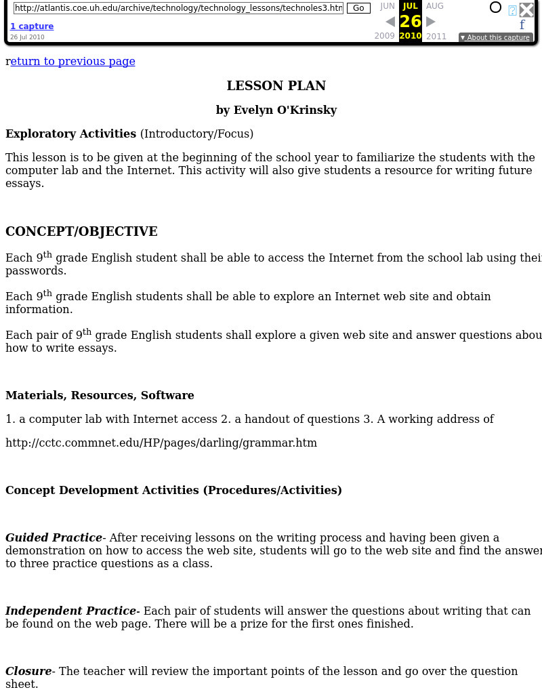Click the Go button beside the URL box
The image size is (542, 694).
point(358,8)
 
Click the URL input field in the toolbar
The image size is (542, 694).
point(178,8)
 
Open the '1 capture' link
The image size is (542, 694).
point(32,26)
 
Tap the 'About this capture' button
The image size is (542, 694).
point(495,37)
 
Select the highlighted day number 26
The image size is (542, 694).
point(411,21)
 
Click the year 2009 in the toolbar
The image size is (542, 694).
point(384,36)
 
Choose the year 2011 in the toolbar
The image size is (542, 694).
point(436,36)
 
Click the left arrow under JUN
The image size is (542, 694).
point(390,22)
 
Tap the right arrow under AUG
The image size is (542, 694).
point(430,22)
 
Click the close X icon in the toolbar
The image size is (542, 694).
point(526,9)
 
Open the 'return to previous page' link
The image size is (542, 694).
point(72,62)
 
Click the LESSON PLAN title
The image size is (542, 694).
point(276,85)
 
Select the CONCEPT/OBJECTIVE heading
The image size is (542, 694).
point(81,232)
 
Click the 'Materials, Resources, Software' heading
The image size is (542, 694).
point(100,395)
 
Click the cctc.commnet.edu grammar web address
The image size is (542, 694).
point(161,443)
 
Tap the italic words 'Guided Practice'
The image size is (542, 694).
point(54,538)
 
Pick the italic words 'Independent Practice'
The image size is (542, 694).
point(70,611)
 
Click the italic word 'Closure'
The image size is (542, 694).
point(28,672)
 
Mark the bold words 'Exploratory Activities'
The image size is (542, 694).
point(70,134)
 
